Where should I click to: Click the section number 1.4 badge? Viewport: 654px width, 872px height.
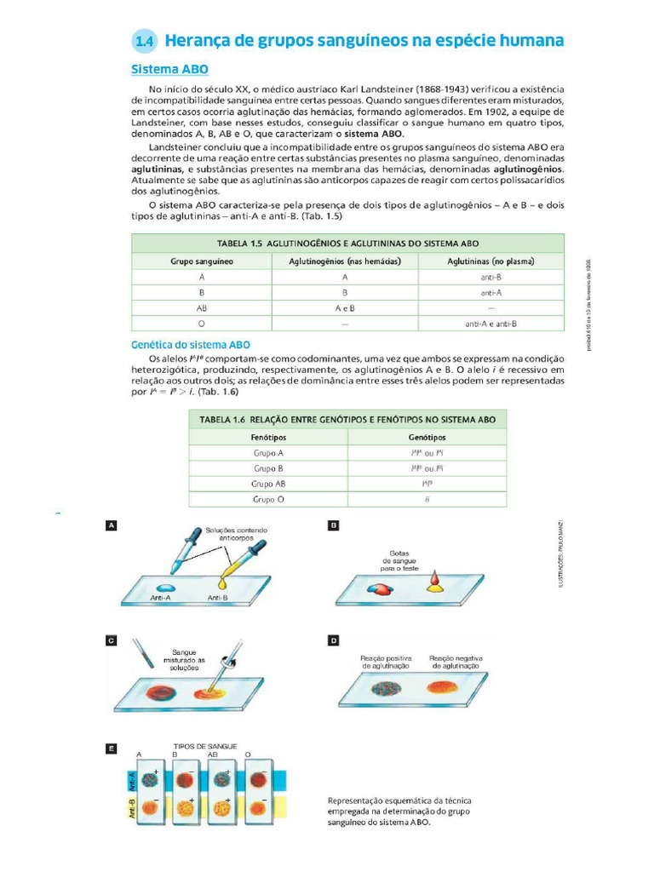coord(145,41)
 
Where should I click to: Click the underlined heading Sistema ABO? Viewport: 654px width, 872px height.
coord(169,69)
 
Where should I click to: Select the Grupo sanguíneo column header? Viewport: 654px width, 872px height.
coord(202,261)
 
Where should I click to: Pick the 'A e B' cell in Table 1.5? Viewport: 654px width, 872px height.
coord(345,308)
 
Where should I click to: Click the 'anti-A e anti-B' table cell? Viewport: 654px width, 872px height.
coord(491,324)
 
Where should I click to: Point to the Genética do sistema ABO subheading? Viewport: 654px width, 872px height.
coord(190,345)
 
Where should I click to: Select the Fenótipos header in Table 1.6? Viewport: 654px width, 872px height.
coord(268,437)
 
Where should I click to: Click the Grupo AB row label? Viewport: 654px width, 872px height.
coord(268,484)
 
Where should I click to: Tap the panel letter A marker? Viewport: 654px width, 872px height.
coord(111,526)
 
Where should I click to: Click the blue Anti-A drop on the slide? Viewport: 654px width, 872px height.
coord(163,588)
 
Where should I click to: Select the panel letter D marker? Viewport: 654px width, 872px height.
coord(334,640)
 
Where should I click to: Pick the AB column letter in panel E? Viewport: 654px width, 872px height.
coord(212,754)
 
